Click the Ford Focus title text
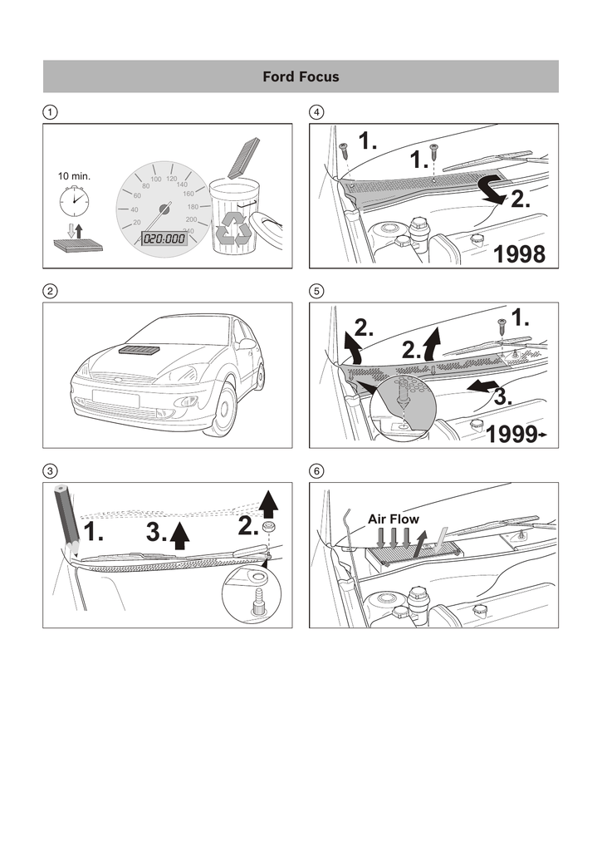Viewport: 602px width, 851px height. pyautogui.click(x=301, y=76)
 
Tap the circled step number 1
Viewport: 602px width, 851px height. pyautogui.click(x=50, y=112)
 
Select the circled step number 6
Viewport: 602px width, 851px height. pyautogui.click(x=316, y=470)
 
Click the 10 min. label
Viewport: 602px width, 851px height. pyautogui.click(x=74, y=176)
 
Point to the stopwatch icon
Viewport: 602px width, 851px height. pyautogui.click(x=74, y=200)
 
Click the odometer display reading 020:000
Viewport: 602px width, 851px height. pyautogui.click(x=164, y=239)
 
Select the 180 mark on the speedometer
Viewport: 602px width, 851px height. pyautogui.click(x=193, y=207)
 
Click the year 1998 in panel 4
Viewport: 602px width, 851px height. pyautogui.click(x=520, y=254)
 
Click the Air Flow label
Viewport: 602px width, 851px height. pyautogui.click(x=394, y=519)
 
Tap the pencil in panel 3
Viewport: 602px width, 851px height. pyautogui.click(x=66, y=520)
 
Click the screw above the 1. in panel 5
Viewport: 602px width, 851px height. pyautogui.click(x=502, y=327)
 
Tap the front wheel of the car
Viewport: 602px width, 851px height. pyautogui.click(x=224, y=411)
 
